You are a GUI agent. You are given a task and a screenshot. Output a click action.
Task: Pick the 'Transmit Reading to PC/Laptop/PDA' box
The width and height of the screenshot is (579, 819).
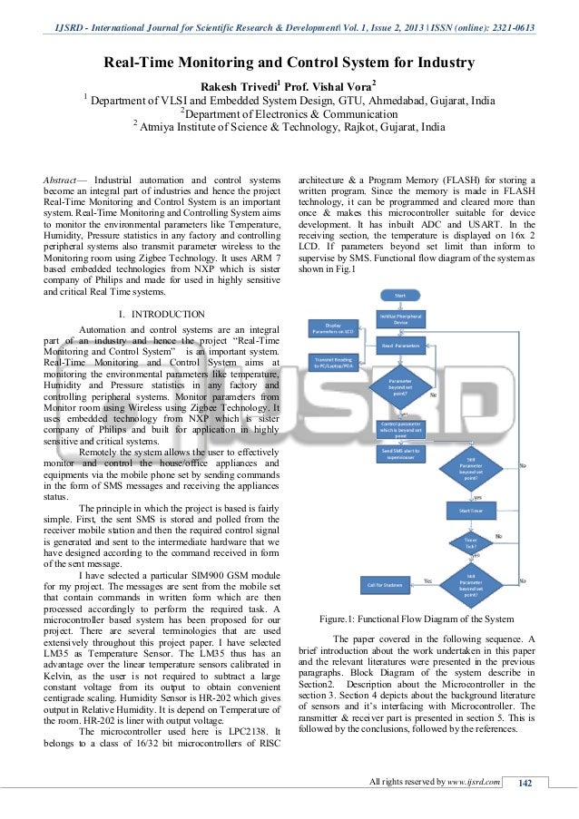[x=333, y=363]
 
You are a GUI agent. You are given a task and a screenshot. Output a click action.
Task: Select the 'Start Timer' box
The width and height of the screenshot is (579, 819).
[x=470, y=511]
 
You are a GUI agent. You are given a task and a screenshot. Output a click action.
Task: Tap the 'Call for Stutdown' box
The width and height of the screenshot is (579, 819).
[x=385, y=584]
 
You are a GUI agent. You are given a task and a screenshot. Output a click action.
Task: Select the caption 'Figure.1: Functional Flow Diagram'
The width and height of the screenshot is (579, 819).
[x=417, y=619]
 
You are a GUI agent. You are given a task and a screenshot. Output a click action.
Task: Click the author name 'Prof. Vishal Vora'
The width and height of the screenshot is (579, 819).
[x=333, y=86]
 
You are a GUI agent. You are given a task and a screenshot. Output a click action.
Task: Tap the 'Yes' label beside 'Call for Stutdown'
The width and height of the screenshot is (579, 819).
[x=427, y=580]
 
